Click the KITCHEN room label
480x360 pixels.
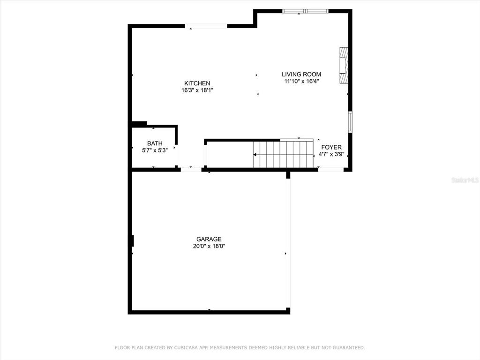coord(197,83)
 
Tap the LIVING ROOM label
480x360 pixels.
coord(301,74)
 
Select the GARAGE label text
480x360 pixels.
coord(209,239)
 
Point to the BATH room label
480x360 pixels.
coord(155,143)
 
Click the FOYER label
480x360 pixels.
coord(331,147)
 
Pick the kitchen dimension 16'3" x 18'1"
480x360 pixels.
coord(197,90)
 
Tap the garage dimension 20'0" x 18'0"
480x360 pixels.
coord(209,246)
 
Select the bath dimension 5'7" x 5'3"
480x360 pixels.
coord(155,150)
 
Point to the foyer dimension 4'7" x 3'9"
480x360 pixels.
coord(331,154)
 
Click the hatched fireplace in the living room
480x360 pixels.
coord(344,65)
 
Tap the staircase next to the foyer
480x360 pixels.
coord(283,154)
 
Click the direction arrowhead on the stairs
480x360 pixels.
coord(255,155)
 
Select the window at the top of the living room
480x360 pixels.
coord(305,11)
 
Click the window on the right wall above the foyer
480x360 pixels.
coord(350,122)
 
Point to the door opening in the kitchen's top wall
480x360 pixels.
coord(206,26)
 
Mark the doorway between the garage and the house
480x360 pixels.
coord(191,169)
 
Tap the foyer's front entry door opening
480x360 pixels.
coord(330,169)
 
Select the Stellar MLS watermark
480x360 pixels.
coord(465,180)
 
